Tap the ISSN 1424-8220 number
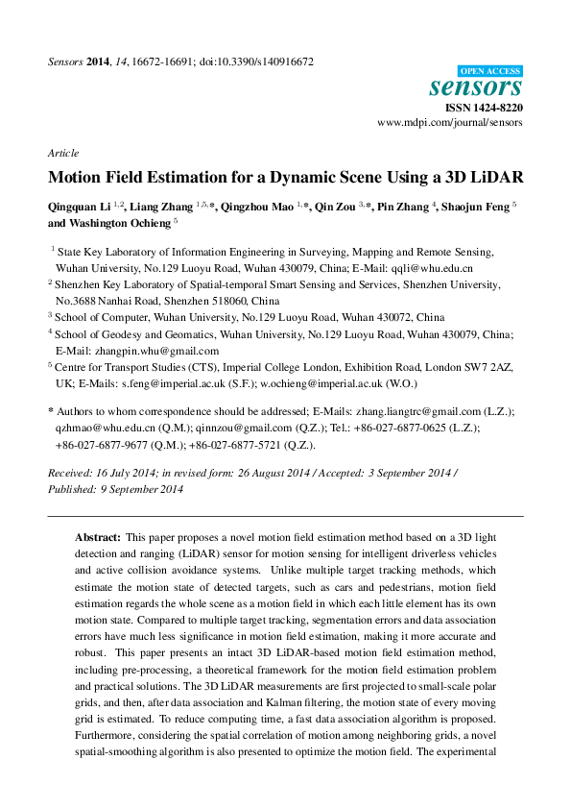(485, 109)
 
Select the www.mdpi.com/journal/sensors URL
(450, 124)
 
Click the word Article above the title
(62, 153)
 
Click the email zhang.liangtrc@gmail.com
(434, 410)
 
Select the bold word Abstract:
(98, 537)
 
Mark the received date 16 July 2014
(124, 474)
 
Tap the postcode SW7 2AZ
(488, 367)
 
